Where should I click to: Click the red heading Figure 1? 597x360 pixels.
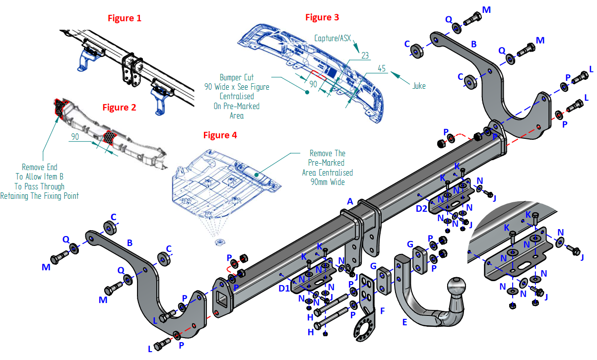[125, 18]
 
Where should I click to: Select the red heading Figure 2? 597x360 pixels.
[119, 107]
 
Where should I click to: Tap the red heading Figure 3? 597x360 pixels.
[322, 17]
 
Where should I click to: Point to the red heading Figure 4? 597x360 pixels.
[220, 135]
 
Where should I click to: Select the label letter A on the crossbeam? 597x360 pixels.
[350, 201]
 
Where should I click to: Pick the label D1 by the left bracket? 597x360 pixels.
[283, 288]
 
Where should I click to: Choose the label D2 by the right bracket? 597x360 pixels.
[421, 209]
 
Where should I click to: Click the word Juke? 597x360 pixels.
[419, 86]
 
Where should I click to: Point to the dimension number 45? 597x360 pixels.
[382, 68]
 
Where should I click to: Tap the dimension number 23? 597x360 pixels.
[365, 56]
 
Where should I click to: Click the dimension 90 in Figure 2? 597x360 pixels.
[75, 136]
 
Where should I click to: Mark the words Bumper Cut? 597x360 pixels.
[237, 78]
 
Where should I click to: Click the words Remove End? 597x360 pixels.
[39, 167]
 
